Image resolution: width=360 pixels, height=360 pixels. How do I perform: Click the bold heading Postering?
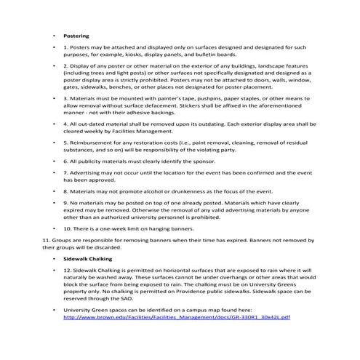(76, 34)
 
